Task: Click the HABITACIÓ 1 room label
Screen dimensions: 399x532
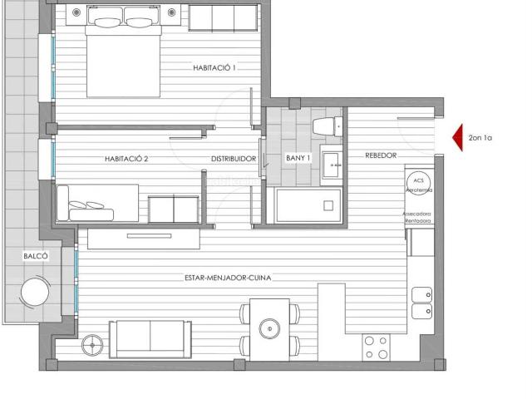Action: pyautogui.click(x=214, y=68)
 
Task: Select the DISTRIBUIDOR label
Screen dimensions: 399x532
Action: pyautogui.click(x=233, y=158)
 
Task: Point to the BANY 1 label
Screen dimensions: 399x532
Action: pyautogui.click(x=298, y=158)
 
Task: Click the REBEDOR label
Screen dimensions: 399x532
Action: pyautogui.click(x=380, y=155)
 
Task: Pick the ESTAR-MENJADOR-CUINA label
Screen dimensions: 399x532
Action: pyautogui.click(x=229, y=278)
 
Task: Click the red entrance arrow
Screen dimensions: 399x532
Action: pyautogui.click(x=456, y=138)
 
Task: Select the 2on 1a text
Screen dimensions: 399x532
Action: pyautogui.click(x=480, y=138)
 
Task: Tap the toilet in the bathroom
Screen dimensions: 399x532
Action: pyautogui.click(x=325, y=126)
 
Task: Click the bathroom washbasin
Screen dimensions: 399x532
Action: pyautogui.click(x=332, y=160)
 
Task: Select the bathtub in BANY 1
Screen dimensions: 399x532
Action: pyautogui.click(x=308, y=204)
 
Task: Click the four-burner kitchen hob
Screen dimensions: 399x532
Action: pyautogui.click(x=376, y=347)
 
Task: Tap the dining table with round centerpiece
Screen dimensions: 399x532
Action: pyautogui.click(x=269, y=329)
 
